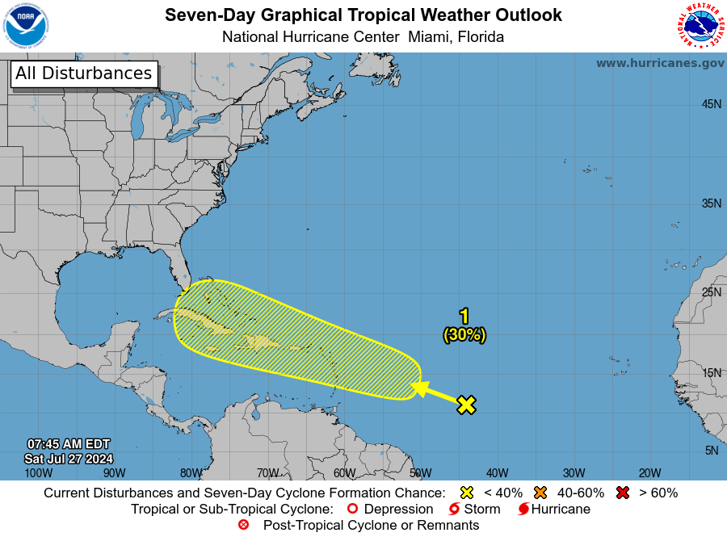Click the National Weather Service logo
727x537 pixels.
click(700, 26)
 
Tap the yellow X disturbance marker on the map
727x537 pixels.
click(466, 405)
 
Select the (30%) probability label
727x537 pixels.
click(464, 334)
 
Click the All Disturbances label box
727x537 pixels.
click(83, 73)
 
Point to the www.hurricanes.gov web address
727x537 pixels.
click(660, 63)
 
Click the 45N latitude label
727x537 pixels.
click(711, 104)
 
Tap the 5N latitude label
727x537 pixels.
click(712, 450)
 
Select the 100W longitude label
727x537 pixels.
click(39, 472)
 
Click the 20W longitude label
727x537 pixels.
click(649, 472)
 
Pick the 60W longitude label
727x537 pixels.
click(344, 472)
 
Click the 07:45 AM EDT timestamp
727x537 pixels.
click(69, 444)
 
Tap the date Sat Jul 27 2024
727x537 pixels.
click(69, 459)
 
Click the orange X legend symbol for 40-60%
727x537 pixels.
click(540, 493)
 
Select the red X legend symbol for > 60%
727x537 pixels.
click(624, 493)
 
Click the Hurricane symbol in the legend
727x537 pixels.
click(523, 509)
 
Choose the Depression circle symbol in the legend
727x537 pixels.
click(351, 509)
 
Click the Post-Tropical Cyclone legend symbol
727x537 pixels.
click(243, 525)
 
